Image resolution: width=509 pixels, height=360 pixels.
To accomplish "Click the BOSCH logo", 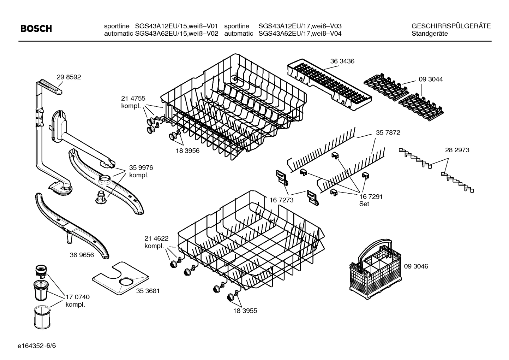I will (x=36, y=29).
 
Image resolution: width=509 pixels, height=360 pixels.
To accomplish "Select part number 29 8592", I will (x=69, y=77).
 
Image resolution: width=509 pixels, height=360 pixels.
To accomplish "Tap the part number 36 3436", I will (x=342, y=61).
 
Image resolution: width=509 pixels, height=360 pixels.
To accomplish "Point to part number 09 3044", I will (x=431, y=79).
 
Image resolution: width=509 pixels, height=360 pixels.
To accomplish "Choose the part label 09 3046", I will (x=416, y=266).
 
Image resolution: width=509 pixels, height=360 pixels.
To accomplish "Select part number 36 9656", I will (x=82, y=255).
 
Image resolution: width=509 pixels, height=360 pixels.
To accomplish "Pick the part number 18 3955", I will (x=245, y=311).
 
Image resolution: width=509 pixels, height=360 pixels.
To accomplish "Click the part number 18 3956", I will (x=187, y=151).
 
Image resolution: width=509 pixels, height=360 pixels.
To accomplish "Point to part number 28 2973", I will (x=457, y=150).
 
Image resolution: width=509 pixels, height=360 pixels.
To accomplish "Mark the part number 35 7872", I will (x=388, y=133).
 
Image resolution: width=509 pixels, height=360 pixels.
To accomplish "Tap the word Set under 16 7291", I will (x=364, y=204).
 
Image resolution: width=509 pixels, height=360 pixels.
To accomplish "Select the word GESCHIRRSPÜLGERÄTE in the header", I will (x=451, y=26).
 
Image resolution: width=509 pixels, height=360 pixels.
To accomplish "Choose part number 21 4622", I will (x=156, y=238).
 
